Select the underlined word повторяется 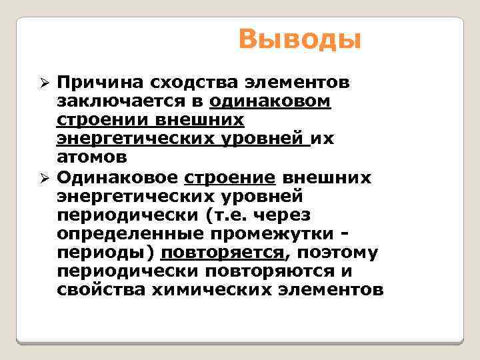coord(222,253)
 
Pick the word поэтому coord(337,253)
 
